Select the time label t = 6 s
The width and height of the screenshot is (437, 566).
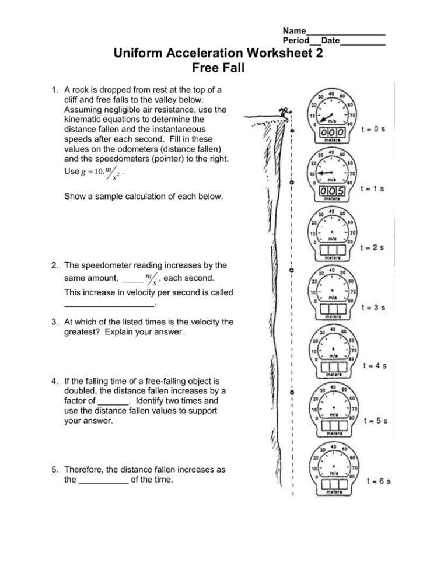click(x=377, y=481)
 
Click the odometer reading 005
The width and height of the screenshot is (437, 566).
click(x=333, y=191)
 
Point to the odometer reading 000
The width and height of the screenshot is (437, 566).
click(x=333, y=132)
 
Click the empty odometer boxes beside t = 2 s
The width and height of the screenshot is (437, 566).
click(x=333, y=250)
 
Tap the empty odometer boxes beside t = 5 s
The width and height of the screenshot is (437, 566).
click(x=333, y=426)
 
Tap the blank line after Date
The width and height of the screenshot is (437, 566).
click(x=362, y=41)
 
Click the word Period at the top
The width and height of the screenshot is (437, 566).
click(x=296, y=41)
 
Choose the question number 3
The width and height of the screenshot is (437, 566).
click(x=54, y=322)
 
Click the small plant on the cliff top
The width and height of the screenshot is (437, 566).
click(x=285, y=111)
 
